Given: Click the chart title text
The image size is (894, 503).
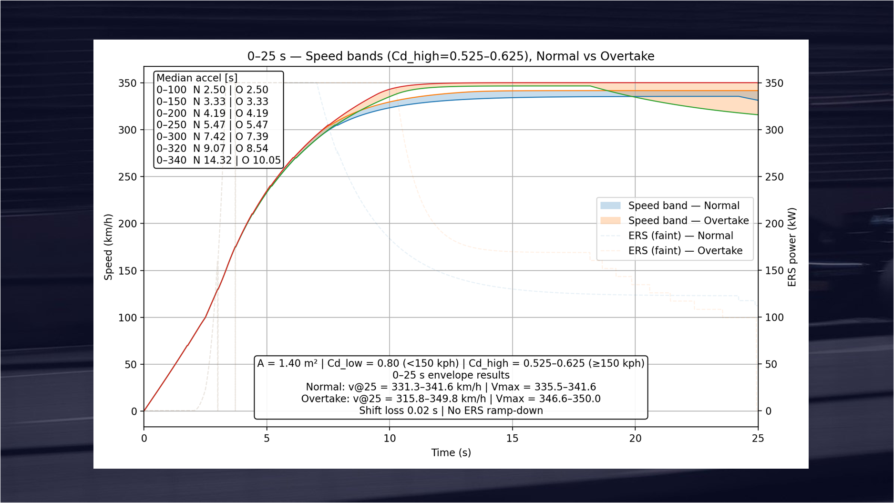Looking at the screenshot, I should (451, 56).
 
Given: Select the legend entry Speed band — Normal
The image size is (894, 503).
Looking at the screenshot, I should (683, 205).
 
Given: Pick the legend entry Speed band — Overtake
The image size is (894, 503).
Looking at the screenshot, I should (688, 220).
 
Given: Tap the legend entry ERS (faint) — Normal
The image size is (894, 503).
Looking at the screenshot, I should (680, 236).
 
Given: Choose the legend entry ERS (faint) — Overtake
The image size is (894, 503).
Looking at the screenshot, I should (685, 250).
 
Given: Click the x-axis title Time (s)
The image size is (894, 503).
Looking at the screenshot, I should (451, 452).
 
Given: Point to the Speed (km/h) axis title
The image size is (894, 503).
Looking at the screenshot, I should (108, 246).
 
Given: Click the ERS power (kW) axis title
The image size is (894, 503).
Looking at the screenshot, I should (792, 246).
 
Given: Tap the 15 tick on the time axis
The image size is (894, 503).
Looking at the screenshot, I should (512, 438).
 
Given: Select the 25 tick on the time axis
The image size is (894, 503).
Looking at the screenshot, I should (758, 438).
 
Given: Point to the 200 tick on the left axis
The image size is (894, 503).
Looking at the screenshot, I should (127, 223).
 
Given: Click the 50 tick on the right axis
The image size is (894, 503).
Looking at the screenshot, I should (771, 364).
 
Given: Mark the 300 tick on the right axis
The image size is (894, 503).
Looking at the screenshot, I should (774, 130).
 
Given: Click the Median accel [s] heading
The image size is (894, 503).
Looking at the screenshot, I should (197, 78).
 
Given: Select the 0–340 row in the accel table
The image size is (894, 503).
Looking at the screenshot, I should (218, 160).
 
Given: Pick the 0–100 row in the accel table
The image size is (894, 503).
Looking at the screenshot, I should (212, 90).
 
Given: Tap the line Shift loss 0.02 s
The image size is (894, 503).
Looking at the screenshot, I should (451, 411).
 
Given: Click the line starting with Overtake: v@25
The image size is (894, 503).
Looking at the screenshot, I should (451, 399).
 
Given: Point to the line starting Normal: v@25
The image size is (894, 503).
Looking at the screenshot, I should (451, 387).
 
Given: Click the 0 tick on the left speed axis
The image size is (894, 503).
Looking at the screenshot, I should (134, 411).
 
